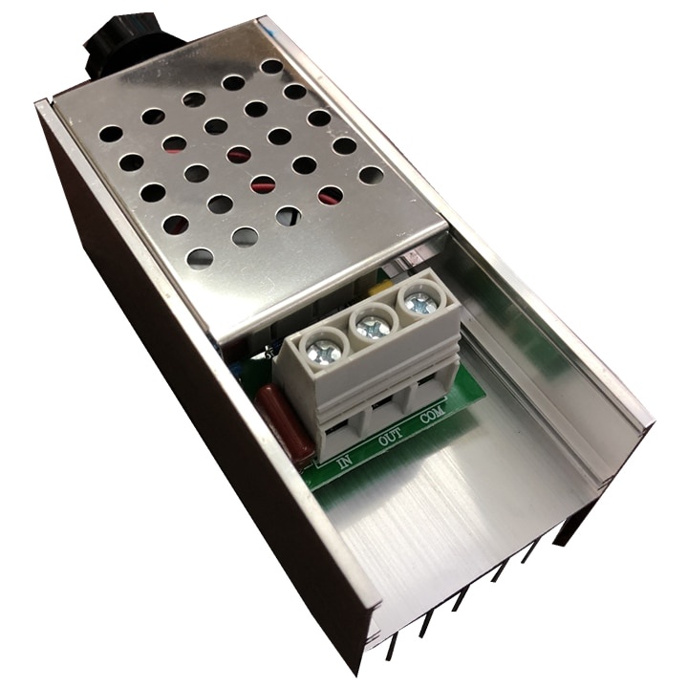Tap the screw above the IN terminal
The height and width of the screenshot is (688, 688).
(x=323, y=350)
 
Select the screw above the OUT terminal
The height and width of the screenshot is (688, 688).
(x=372, y=326)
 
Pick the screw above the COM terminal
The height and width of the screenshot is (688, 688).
(x=419, y=301)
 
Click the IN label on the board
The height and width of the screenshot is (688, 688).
(x=345, y=462)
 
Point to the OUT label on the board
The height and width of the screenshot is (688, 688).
(x=390, y=438)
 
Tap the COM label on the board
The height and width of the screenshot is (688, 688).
(x=433, y=414)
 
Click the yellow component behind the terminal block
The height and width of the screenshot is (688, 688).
(x=379, y=290)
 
